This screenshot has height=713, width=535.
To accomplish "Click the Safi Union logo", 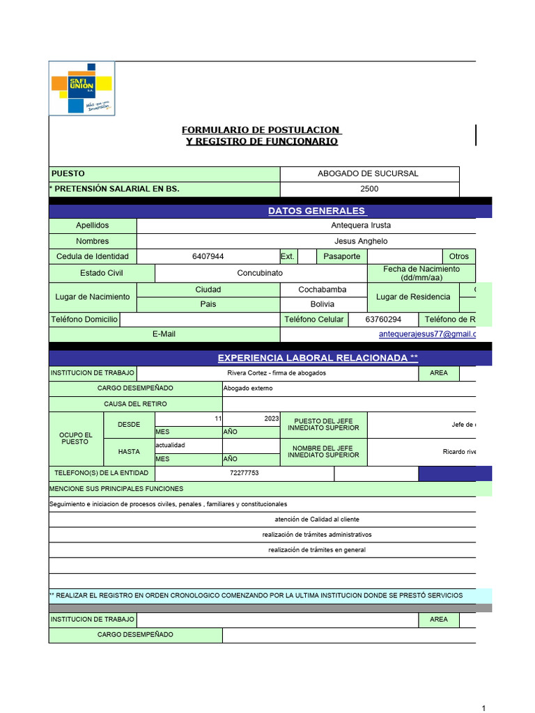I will [82, 88].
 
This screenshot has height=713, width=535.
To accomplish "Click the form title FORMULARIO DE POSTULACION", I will [261, 130].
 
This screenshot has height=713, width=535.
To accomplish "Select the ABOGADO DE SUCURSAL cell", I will [368, 173].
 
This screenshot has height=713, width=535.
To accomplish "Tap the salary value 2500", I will [369, 189].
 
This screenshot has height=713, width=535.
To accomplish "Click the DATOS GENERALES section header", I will [317, 211].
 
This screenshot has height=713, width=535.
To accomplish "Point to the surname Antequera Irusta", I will [361, 226].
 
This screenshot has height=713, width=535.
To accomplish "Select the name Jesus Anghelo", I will [361, 241].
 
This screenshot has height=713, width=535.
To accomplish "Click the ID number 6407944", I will [208, 256].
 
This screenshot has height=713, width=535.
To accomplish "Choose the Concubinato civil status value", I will [260, 273].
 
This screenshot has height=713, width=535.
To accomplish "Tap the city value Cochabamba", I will [322, 289].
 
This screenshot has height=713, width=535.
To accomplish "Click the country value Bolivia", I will [322, 304].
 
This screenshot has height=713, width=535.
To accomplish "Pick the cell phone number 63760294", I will [384, 320].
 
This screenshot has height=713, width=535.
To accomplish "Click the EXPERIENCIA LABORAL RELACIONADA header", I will [318, 358].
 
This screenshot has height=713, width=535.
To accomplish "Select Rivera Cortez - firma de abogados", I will [277, 373].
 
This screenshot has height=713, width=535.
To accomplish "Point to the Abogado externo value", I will [248, 388].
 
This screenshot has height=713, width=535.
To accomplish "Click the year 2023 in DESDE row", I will [272, 418].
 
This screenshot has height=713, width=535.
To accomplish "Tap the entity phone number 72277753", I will [244, 473].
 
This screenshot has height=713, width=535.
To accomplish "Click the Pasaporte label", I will [342, 256].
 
